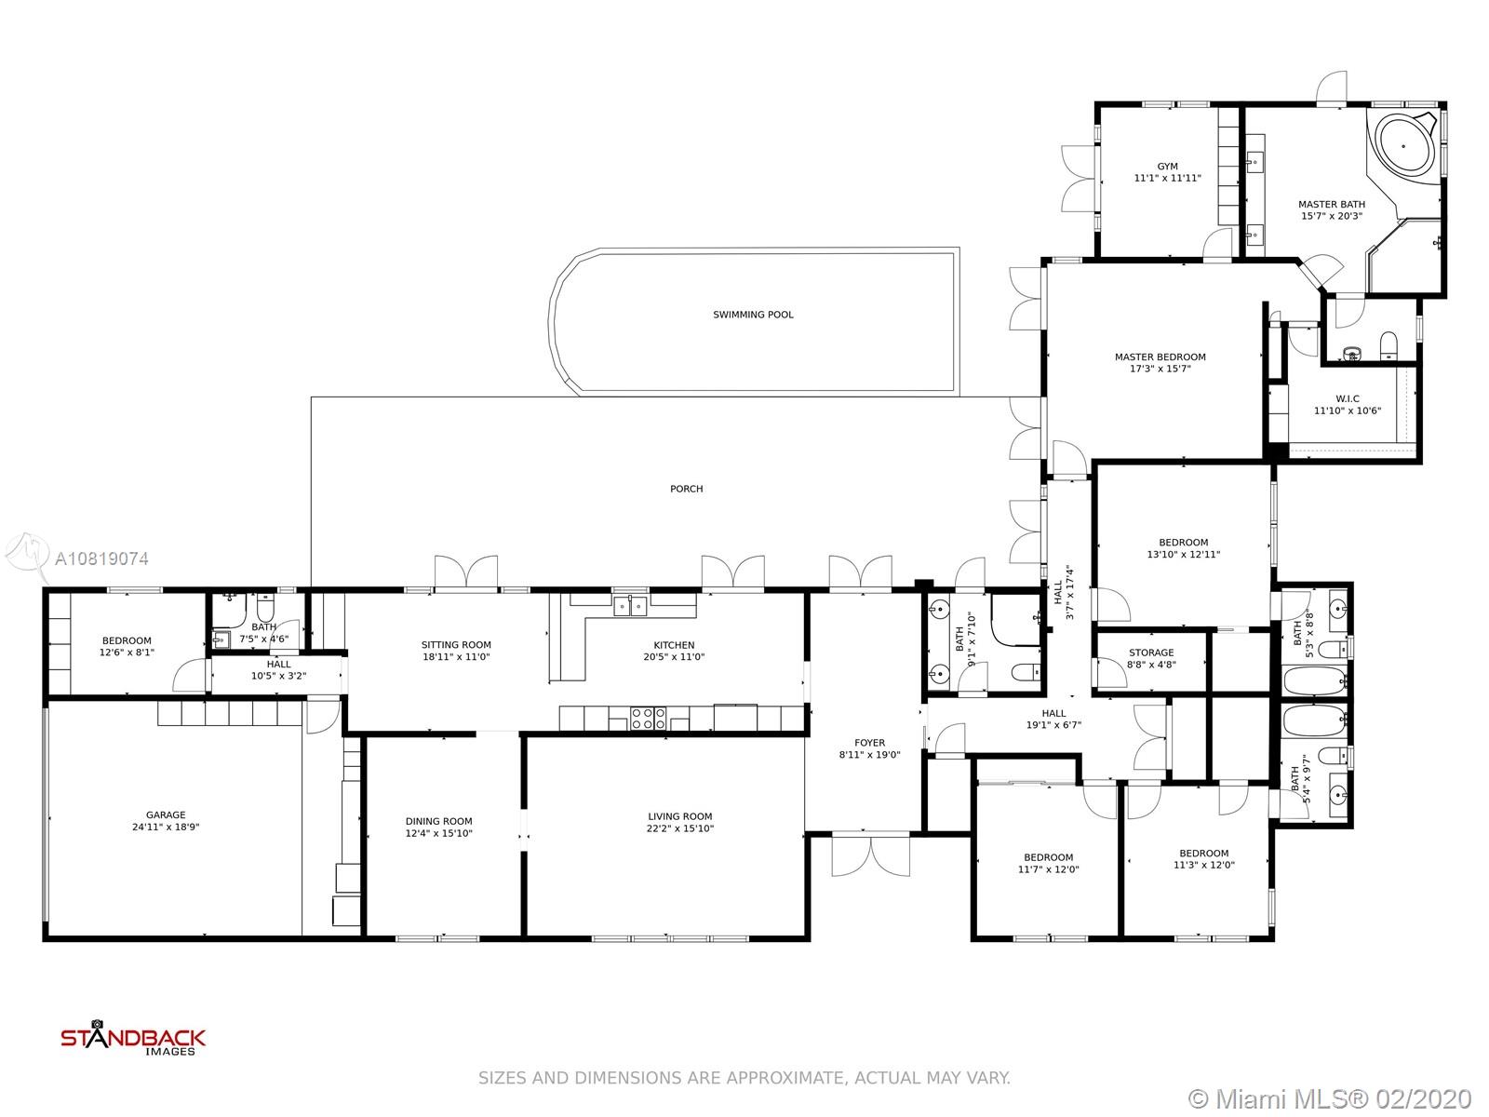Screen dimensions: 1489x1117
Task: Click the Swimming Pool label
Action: [x=752, y=315]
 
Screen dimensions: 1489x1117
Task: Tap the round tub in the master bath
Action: [x=1402, y=146]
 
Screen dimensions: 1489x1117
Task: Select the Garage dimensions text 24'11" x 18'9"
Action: [x=166, y=827]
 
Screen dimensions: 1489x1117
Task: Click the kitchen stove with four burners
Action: [x=648, y=719]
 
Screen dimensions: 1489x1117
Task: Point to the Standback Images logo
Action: [x=133, y=1038]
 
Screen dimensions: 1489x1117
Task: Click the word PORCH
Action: [x=686, y=489]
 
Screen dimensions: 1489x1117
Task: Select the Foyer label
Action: [x=869, y=743]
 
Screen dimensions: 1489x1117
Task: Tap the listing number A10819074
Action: [x=101, y=558]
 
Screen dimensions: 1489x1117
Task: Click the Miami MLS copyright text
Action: [x=1330, y=1099]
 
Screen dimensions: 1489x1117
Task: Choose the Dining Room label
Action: [x=438, y=821]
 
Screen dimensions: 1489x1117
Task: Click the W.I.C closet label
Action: [x=1348, y=398]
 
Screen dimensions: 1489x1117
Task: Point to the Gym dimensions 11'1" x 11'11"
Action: [x=1167, y=179]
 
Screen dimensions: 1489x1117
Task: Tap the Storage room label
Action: [x=1151, y=653]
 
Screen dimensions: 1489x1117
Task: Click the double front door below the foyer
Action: [x=870, y=854]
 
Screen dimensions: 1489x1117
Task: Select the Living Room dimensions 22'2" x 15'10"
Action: [x=679, y=828]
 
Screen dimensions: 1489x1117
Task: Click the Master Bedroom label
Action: [x=1160, y=357]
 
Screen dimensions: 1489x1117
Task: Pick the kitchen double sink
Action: [x=629, y=605]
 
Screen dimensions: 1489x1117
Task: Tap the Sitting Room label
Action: [x=456, y=645]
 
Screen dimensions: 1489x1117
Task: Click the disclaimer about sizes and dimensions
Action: [x=744, y=1078]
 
